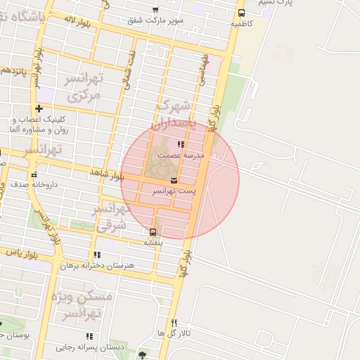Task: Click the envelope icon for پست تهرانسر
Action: [174, 181]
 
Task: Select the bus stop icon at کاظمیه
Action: [242, 13]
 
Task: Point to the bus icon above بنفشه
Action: [153, 232]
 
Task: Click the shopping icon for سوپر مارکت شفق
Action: [155, 10]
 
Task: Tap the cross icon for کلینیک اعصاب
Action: [39, 108]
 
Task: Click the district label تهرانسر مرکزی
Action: [84, 87]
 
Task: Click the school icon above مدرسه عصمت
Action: [181, 144]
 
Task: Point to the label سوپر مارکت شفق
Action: [155, 20]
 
